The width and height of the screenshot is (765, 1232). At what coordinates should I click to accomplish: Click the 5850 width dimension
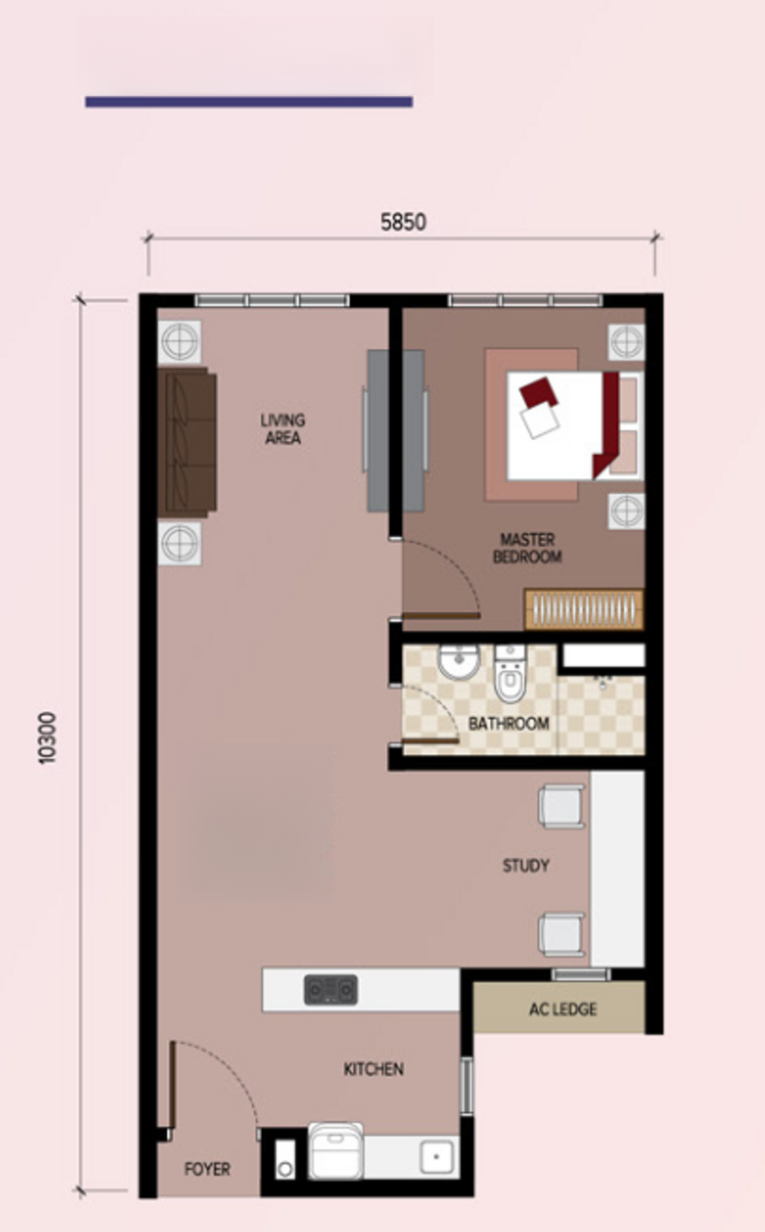[x=403, y=223]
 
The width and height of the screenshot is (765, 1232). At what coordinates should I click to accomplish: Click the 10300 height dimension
[x=48, y=738]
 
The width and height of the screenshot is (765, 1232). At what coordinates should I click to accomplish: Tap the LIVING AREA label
[x=283, y=429]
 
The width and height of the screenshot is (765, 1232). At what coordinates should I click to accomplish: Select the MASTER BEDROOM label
[x=528, y=549]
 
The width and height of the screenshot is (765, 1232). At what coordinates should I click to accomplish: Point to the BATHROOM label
[x=509, y=724]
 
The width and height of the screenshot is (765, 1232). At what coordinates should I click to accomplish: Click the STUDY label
[x=526, y=866]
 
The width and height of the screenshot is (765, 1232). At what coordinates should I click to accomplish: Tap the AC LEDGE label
[x=563, y=1009]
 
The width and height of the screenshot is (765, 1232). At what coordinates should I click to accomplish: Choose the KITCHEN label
[x=374, y=1069]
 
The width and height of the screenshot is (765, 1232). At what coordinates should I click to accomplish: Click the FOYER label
[x=207, y=1169]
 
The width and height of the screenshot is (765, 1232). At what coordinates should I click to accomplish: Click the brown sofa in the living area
[x=187, y=442]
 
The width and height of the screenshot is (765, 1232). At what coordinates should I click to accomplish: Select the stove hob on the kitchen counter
[x=331, y=990]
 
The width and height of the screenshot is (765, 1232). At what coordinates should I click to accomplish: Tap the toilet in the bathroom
[x=510, y=673]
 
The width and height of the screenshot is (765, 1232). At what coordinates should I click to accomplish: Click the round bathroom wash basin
[x=459, y=662]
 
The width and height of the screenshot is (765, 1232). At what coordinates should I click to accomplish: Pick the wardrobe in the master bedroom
[x=584, y=609]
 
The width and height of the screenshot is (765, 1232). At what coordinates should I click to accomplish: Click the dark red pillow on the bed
[x=538, y=392]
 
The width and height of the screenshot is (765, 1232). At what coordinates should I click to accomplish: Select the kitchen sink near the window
[x=436, y=1156]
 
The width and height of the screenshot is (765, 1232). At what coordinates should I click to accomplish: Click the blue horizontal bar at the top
[x=249, y=102]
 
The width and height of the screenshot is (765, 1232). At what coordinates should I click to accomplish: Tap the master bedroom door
[x=440, y=615]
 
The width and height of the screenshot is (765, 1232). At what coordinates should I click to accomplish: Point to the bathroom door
[x=431, y=741]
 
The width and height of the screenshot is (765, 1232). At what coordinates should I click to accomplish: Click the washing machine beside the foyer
[x=336, y=1151]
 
